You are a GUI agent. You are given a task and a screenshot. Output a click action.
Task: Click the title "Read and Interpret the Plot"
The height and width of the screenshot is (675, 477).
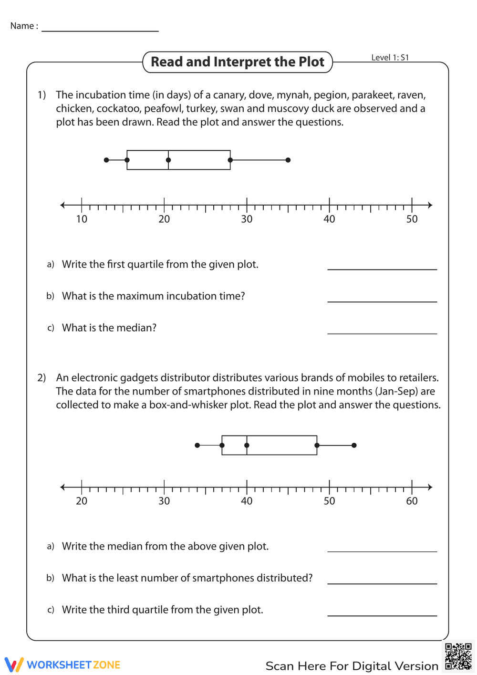coord(238,62)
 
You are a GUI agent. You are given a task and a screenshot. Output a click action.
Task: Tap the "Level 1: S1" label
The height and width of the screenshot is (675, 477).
coord(390,58)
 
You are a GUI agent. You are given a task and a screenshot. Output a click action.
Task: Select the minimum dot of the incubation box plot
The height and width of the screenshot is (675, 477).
coord(106,160)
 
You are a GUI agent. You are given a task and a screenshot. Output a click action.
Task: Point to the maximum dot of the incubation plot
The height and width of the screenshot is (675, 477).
coord(288,160)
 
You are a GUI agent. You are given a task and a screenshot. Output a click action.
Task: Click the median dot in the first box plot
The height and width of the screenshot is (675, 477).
coord(168,160)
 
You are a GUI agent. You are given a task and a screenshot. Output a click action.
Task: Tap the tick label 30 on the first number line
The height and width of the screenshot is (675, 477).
coord(247,219)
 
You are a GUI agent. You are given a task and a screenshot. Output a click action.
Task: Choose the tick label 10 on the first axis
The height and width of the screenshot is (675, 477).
coord(82,219)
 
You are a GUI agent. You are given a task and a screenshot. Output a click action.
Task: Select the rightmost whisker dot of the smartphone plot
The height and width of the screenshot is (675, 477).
coord(354,445)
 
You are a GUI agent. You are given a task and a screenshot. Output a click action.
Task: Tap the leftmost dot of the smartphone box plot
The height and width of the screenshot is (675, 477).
coord(197,445)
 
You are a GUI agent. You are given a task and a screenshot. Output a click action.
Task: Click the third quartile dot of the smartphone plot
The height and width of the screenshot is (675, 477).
coord(317,445)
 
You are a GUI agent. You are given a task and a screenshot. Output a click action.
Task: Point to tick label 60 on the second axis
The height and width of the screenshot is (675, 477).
coord(412,501)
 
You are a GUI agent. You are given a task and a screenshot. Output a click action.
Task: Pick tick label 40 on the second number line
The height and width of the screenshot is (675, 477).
coord(247,501)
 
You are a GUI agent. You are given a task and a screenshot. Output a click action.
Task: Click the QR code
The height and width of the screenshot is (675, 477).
coord(458,657)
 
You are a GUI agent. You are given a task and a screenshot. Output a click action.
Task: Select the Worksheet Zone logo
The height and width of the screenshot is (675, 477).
coord(62,665)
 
